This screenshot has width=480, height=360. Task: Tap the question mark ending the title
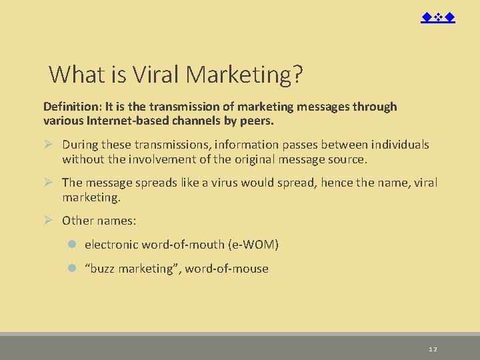297,75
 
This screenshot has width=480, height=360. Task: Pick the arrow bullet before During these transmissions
48,145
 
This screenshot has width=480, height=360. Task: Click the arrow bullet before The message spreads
48,183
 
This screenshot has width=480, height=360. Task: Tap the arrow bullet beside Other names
48,221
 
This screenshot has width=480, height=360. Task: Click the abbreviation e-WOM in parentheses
253,245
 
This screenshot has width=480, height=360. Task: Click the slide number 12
433,349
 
